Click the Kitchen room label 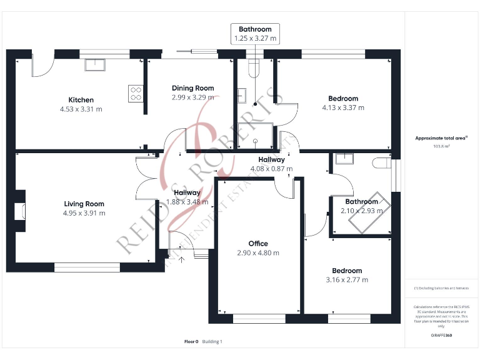(81, 100)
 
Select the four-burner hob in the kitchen (136, 93)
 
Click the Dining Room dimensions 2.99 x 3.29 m (192, 97)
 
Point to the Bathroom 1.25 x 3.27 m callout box (255, 34)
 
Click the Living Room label (84, 204)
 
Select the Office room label (257, 244)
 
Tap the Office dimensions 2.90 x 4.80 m (257, 253)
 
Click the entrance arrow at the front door (182, 258)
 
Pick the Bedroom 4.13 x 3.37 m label (343, 98)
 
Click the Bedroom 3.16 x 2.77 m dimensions (347, 280)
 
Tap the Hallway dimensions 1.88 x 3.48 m (187, 202)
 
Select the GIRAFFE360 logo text (441, 336)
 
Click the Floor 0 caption (191, 341)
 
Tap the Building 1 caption (212, 341)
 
